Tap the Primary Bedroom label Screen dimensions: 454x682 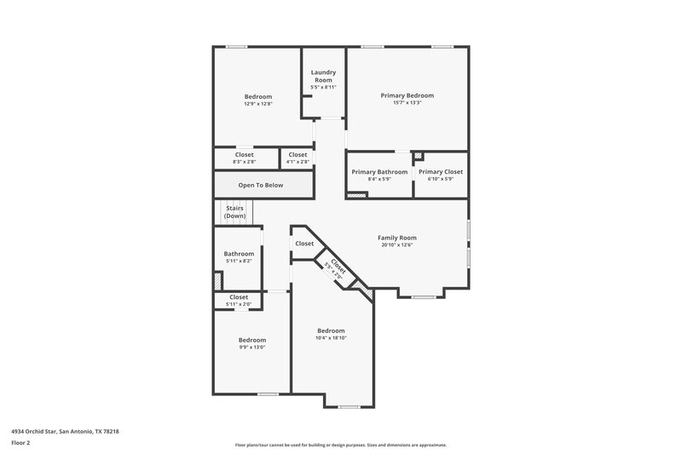pos(407,95)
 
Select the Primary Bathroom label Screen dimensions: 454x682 pos(379,172)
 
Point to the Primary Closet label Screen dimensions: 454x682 pos(441,172)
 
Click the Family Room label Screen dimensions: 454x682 pos(396,238)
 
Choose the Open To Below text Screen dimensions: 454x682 pos(260,185)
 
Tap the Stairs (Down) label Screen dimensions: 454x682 pos(235,212)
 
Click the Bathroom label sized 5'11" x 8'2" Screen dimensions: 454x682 pos(239,254)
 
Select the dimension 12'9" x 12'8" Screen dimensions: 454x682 pos(258,104)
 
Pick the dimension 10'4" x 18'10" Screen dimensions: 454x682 pos(331,338)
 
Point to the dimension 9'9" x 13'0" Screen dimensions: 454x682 pos(251,348)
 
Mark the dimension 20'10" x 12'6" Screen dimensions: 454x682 pos(396,245)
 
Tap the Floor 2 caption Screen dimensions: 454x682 pos(21,444)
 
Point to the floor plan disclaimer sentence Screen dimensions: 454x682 pos(340,445)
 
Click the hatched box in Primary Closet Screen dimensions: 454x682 pos(418,157)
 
